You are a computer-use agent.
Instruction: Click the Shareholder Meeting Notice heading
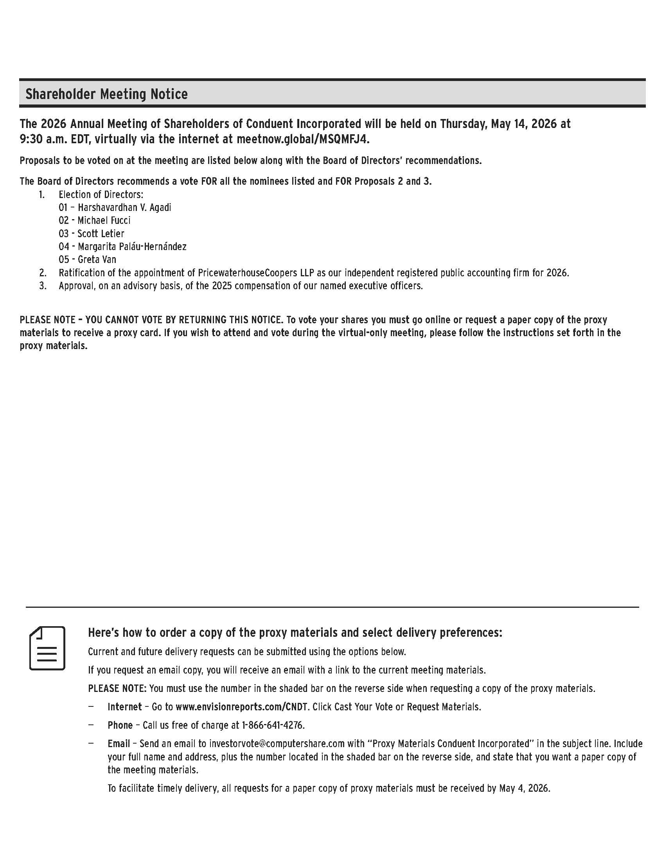coord(106,94)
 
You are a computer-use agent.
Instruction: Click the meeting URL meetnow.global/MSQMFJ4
coord(303,139)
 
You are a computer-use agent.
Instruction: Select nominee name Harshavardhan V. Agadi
coord(124,207)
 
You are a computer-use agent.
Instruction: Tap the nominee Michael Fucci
coord(104,220)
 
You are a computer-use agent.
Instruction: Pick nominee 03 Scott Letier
coord(101,233)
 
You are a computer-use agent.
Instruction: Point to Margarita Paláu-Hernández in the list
coord(132,247)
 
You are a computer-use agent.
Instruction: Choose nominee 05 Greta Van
coord(97,259)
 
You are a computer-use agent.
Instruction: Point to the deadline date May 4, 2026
coord(524,789)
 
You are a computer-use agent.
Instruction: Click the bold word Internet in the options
coord(124,707)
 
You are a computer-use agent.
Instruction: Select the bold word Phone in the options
coord(120,725)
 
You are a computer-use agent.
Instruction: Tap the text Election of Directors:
coord(101,195)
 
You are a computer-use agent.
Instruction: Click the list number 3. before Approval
coord(43,286)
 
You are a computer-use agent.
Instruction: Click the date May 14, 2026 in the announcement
coord(524,124)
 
